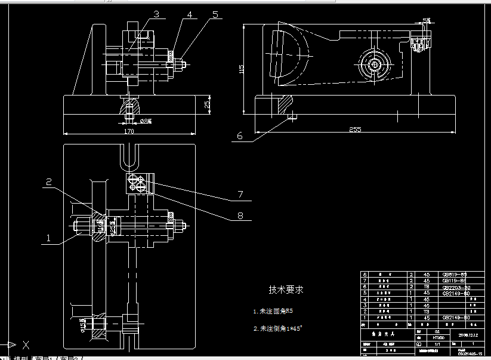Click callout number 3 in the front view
156,13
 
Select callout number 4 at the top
189,13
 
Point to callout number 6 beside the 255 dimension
240,136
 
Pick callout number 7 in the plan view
240,194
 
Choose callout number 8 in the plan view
240,216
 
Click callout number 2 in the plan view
50,181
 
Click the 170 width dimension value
129,131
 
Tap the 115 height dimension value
242,69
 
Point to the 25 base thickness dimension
207,104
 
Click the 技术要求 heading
286,290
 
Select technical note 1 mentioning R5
273,311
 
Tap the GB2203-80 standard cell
454,287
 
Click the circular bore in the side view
376,65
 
